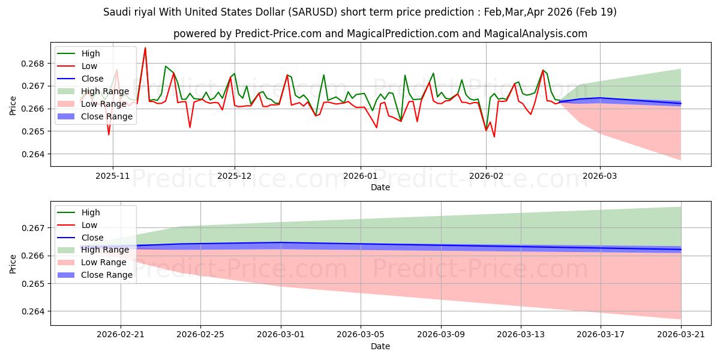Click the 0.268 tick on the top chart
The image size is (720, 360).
[x=32, y=64]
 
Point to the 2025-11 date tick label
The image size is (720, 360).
[x=113, y=176]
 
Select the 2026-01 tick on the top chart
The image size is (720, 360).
[x=361, y=176]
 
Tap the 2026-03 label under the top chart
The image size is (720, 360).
[x=600, y=176]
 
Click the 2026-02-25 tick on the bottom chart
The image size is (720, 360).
[x=200, y=335]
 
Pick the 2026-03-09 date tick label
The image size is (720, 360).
[x=440, y=335]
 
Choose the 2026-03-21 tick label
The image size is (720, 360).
[x=681, y=335]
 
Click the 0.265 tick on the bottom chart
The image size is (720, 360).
[x=32, y=284]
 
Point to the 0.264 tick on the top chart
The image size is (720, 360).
[x=32, y=154]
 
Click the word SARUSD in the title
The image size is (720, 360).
[x=313, y=12]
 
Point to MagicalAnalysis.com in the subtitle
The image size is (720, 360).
[x=535, y=34]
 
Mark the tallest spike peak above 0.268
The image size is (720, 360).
[x=145, y=48]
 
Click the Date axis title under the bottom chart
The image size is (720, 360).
[x=380, y=346]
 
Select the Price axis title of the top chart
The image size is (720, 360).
[x=13, y=106]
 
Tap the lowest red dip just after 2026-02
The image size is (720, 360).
[x=494, y=137]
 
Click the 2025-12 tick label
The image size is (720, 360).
[x=235, y=176]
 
